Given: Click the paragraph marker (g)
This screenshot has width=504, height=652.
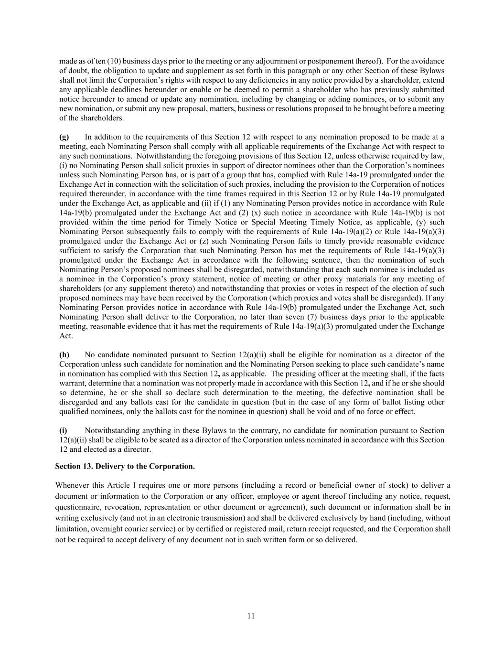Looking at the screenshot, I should (x=64, y=137).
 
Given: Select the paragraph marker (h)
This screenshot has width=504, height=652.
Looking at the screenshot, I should (x=64, y=354).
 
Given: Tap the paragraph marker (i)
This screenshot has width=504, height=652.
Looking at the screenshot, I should (x=63, y=430).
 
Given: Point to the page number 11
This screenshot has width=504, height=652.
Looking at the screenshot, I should (x=251, y=616).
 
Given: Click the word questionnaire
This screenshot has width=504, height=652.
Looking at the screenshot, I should (x=77, y=507).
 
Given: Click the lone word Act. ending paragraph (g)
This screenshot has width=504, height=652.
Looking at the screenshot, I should (x=66, y=336).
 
